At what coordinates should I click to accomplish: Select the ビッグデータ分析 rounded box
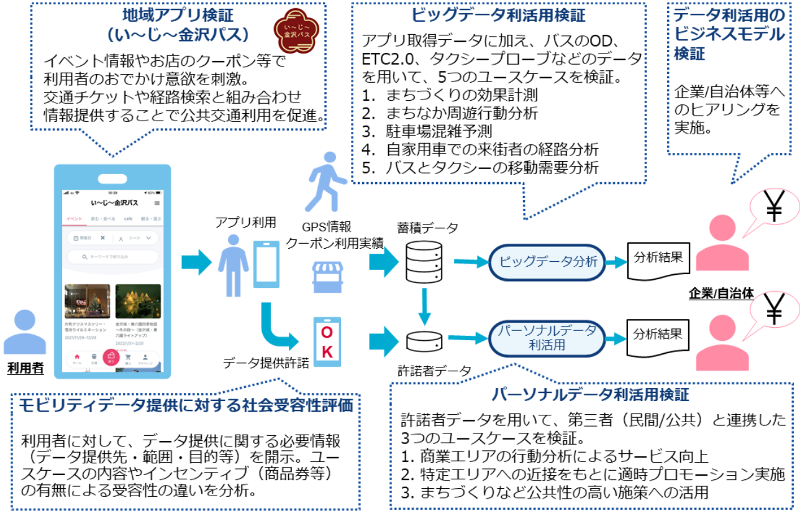547,262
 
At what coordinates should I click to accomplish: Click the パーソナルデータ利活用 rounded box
547,336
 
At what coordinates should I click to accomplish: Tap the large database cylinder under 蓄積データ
424,261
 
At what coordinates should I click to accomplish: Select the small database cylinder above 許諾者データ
424,340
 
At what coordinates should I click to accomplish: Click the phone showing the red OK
327,342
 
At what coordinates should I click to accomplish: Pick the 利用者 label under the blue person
25,369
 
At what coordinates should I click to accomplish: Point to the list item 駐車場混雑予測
440,132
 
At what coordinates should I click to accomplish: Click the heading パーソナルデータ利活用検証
590,394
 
